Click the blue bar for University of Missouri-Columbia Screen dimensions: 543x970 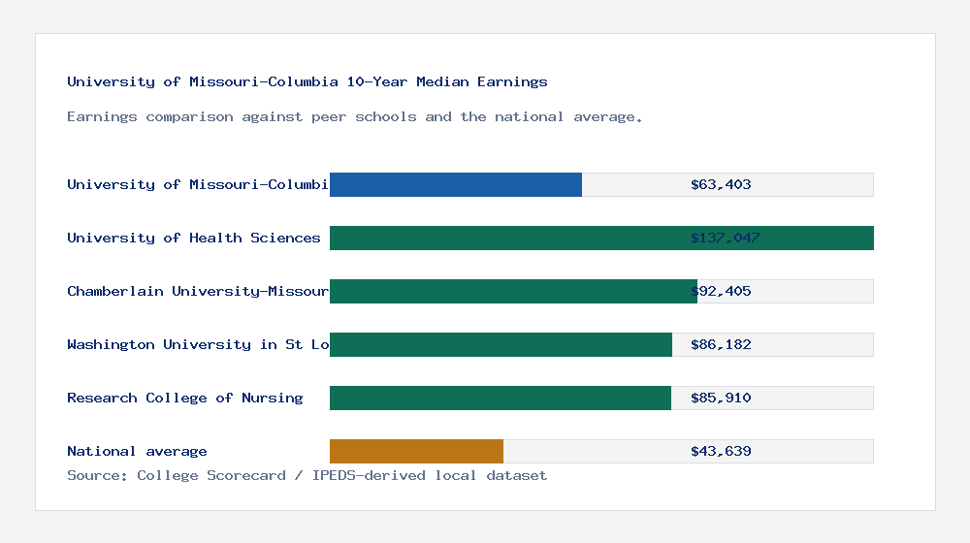[x=456, y=184]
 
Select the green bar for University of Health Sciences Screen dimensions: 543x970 [x=601, y=238]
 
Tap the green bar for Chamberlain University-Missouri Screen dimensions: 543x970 [x=513, y=291]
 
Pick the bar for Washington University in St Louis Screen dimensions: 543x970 [x=501, y=344]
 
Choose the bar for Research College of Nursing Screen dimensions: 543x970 [x=500, y=398]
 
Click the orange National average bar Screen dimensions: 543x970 [x=416, y=451]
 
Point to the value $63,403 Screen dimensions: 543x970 [x=721, y=184]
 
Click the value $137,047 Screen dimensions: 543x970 [x=725, y=238]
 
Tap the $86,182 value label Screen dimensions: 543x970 [x=721, y=344]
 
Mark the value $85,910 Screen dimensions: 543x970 [x=721, y=398]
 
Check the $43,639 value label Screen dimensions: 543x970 [x=721, y=451]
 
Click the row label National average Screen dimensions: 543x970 [x=137, y=451]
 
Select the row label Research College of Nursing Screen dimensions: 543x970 [x=184, y=398]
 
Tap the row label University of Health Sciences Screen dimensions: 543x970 [x=193, y=238]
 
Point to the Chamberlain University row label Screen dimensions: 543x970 [x=198, y=291]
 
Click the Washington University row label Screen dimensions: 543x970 [x=198, y=344]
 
